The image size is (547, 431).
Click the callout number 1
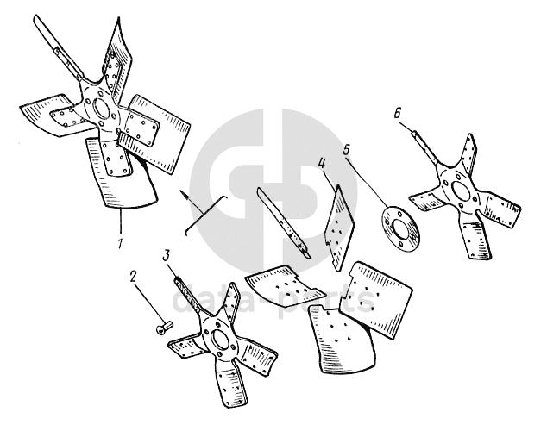coord(120,243)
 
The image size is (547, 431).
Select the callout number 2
coord(133,277)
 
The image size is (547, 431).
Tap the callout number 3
coord(166,256)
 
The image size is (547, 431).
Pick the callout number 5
coord(346,149)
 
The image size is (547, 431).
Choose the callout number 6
coord(398,113)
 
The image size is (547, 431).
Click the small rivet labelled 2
coord(165,328)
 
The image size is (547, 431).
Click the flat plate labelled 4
coord(338,228)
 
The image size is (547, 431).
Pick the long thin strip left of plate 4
coord(283,222)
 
